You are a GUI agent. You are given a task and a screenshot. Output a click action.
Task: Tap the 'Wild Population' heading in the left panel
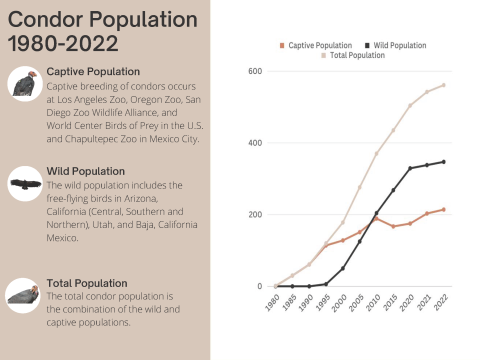click(x=86, y=171)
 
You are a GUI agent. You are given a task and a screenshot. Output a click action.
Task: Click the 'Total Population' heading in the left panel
click(x=87, y=283)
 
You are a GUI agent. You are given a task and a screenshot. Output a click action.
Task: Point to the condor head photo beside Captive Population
click(x=25, y=86)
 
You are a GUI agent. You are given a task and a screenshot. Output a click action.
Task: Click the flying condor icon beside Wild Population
click(x=25, y=185)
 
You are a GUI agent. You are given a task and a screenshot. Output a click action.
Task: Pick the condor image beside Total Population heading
click(x=25, y=293)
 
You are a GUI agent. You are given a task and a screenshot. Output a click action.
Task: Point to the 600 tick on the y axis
click(x=255, y=71)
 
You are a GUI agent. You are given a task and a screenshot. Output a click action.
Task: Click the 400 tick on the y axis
click(x=255, y=143)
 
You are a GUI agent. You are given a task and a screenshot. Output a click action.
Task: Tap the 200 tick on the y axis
click(x=255, y=215)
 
